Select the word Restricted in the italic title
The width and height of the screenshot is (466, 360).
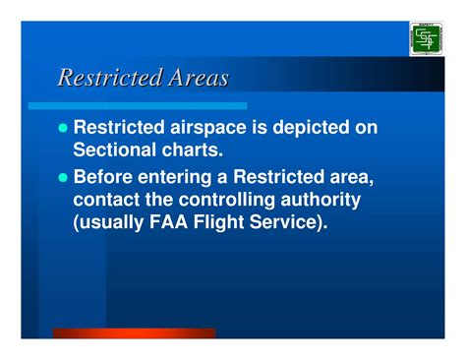click(x=101, y=78)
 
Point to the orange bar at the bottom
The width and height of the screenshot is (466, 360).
click(x=133, y=334)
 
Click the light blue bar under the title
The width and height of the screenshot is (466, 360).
click(x=137, y=104)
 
